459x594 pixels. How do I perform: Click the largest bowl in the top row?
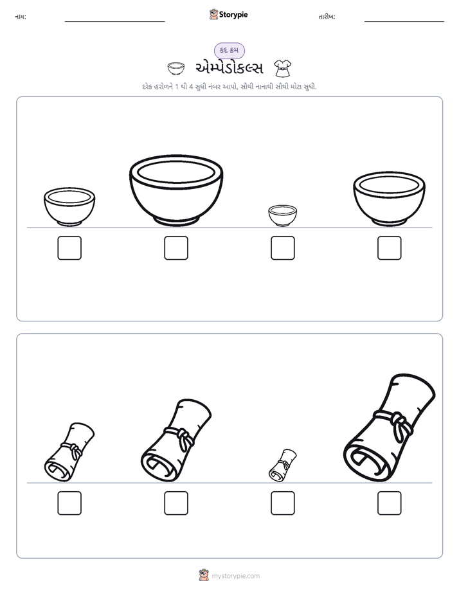click(176, 190)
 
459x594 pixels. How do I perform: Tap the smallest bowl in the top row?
click(282, 215)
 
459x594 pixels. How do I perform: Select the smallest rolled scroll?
click(282, 465)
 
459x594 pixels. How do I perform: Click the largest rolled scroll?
click(390, 428)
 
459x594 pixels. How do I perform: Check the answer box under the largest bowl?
click(176, 248)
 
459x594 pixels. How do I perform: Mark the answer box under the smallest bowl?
click(282, 248)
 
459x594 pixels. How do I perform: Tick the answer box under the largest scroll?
click(390, 503)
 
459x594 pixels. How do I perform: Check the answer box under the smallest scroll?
click(282, 503)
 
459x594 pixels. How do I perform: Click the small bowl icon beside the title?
click(176, 69)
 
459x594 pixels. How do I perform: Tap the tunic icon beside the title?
click(282, 68)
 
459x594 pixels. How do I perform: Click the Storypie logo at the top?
click(228, 14)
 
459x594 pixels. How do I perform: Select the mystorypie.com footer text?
click(235, 576)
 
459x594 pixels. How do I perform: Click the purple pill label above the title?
click(229, 50)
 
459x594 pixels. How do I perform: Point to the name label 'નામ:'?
click(21, 17)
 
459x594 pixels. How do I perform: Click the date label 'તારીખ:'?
click(327, 17)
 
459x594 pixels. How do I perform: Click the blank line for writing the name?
click(114, 22)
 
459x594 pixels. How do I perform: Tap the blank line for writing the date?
click(404, 22)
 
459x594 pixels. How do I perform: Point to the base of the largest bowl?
click(176, 221)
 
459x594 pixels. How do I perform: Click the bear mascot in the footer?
click(204, 575)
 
